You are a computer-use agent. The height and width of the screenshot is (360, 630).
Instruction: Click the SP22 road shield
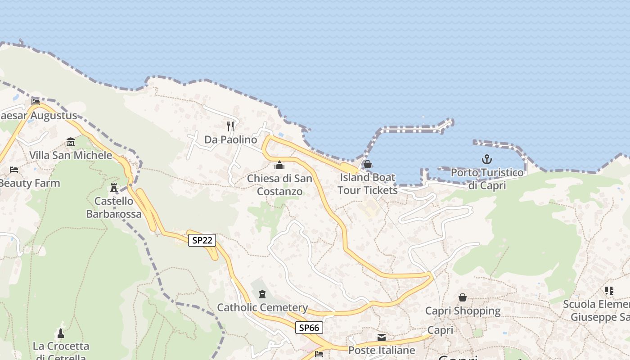click(x=202, y=240)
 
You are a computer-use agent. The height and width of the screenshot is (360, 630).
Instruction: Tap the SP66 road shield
click(x=309, y=328)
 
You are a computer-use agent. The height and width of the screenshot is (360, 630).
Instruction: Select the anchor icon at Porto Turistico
click(x=486, y=159)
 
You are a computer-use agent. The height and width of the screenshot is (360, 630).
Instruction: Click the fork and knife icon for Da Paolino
click(x=230, y=126)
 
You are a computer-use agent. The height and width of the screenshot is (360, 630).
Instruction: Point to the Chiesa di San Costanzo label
click(x=279, y=185)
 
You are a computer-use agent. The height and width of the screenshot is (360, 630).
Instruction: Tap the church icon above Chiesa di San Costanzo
click(x=279, y=165)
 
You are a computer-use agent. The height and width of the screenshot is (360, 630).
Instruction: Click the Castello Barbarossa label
click(x=114, y=207)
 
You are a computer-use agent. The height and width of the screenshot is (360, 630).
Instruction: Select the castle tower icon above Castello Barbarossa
click(x=114, y=187)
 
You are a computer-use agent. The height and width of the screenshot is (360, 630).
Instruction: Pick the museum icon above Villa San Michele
click(x=71, y=142)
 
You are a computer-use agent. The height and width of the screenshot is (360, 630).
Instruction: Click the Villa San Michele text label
click(x=71, y=156)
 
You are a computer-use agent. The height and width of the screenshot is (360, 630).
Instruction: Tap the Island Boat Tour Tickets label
click(x=367, y=184)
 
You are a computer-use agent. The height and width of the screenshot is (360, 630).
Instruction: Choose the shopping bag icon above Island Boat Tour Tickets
click(x=368, y=164)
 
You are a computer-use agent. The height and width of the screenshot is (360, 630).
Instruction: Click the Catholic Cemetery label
click(x=262, y=308)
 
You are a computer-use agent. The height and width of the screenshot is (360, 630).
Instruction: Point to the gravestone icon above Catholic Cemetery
click(x=262, y=294)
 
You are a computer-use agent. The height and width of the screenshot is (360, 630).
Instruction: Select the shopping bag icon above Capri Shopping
click(x=463, y=297)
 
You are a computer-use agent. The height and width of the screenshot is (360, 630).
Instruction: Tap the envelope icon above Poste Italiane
click(x=382, y=337)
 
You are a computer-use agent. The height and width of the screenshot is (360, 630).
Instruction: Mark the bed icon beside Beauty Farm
click(x=14, y=170)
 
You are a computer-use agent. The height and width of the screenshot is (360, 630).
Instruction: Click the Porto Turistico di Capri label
click(x=487, y=179)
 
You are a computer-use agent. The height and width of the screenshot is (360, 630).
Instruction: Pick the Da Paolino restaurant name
click(x=230, y=139)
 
